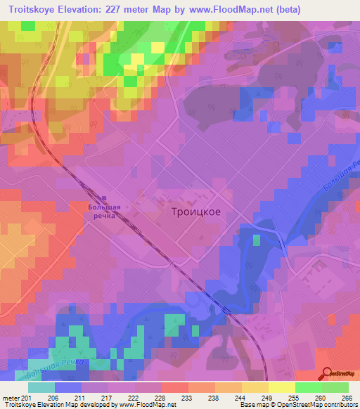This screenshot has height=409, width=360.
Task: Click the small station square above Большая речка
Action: [x=105, y=198]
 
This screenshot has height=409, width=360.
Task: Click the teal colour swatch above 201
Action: [x=41, y=387]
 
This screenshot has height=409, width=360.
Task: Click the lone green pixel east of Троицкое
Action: [x=257, y=240]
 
